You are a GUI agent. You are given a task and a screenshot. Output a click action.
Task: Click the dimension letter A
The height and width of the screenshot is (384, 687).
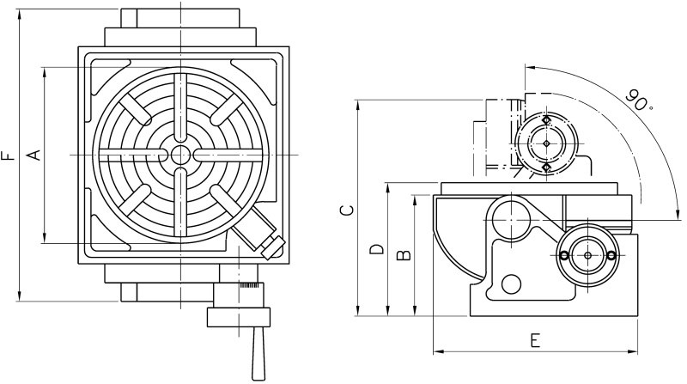pyautogui.click(x=34, y=155)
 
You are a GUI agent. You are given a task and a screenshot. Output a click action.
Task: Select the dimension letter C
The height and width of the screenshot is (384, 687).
pyautogui.click(x=347, y=210)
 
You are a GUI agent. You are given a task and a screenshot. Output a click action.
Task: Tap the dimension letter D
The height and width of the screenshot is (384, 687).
pyautogui.click(x=376, y=249)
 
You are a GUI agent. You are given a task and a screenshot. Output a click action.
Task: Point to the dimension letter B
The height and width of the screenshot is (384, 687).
pyautogui.click(x=404, y=255)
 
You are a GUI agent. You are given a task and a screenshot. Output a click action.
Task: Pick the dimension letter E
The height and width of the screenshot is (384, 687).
pyautogui.click(x=534, y=340)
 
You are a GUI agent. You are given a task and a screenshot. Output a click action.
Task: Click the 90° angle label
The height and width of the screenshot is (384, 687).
pyautogui.click(x=638, y=101)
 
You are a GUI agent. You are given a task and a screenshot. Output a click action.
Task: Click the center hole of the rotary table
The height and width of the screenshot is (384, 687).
pyautogui.click(x=180, y=155)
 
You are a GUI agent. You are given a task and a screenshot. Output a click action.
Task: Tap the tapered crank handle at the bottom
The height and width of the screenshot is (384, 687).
pyautogui.click(x=258, y=353)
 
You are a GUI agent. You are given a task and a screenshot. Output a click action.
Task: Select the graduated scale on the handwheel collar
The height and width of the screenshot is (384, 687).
pyautogui.click(x=250, y=286)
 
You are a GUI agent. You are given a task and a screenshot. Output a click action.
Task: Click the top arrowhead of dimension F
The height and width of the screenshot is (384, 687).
pyautogui.click(x=19, y=13)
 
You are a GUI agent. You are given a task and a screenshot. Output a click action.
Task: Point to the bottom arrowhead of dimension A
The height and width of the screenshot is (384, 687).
pyautogui.click(x=45, y=238)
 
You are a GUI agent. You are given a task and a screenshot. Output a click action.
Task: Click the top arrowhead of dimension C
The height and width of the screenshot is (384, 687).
pyautogui.click(x=358, y=105)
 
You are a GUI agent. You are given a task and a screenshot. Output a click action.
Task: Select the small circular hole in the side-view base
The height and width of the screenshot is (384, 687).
pyautogui.click(x=511, y=284)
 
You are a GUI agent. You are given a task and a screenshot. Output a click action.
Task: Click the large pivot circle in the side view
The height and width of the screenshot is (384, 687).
pyautogui.click(x=512, y=218)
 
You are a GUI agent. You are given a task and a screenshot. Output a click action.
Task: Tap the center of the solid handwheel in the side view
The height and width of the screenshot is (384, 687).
pyautogui.click(x=587, y=255)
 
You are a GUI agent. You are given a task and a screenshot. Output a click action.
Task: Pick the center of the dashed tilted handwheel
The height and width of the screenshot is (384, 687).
pyautogui.click(x=546, y=143)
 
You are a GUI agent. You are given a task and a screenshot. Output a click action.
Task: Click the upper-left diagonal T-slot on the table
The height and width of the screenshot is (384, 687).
pyautogui.click(x=135, y=110)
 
